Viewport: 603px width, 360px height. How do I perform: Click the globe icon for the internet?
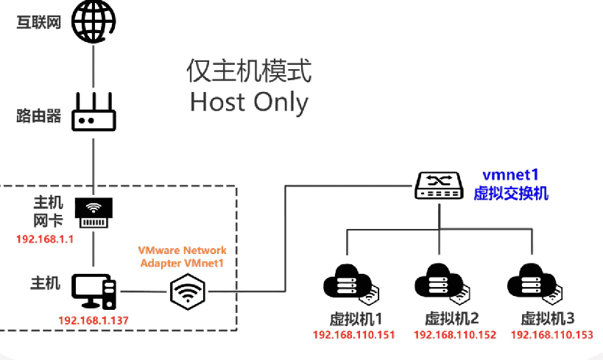[94, 21]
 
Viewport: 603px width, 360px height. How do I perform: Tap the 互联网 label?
[38, 22]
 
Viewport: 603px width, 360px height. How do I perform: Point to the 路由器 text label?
[38, 116]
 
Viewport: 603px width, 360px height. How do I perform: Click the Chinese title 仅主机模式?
[249, 71]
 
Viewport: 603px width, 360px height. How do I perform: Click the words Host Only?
[249, 102]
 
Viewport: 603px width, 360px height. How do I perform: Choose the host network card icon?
[94, 211]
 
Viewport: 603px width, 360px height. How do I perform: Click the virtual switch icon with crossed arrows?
[439, 186]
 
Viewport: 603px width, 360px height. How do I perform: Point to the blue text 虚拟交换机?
[511, 193]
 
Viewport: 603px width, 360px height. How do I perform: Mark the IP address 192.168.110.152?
[454, 335]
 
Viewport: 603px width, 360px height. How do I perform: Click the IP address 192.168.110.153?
[551, 335]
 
